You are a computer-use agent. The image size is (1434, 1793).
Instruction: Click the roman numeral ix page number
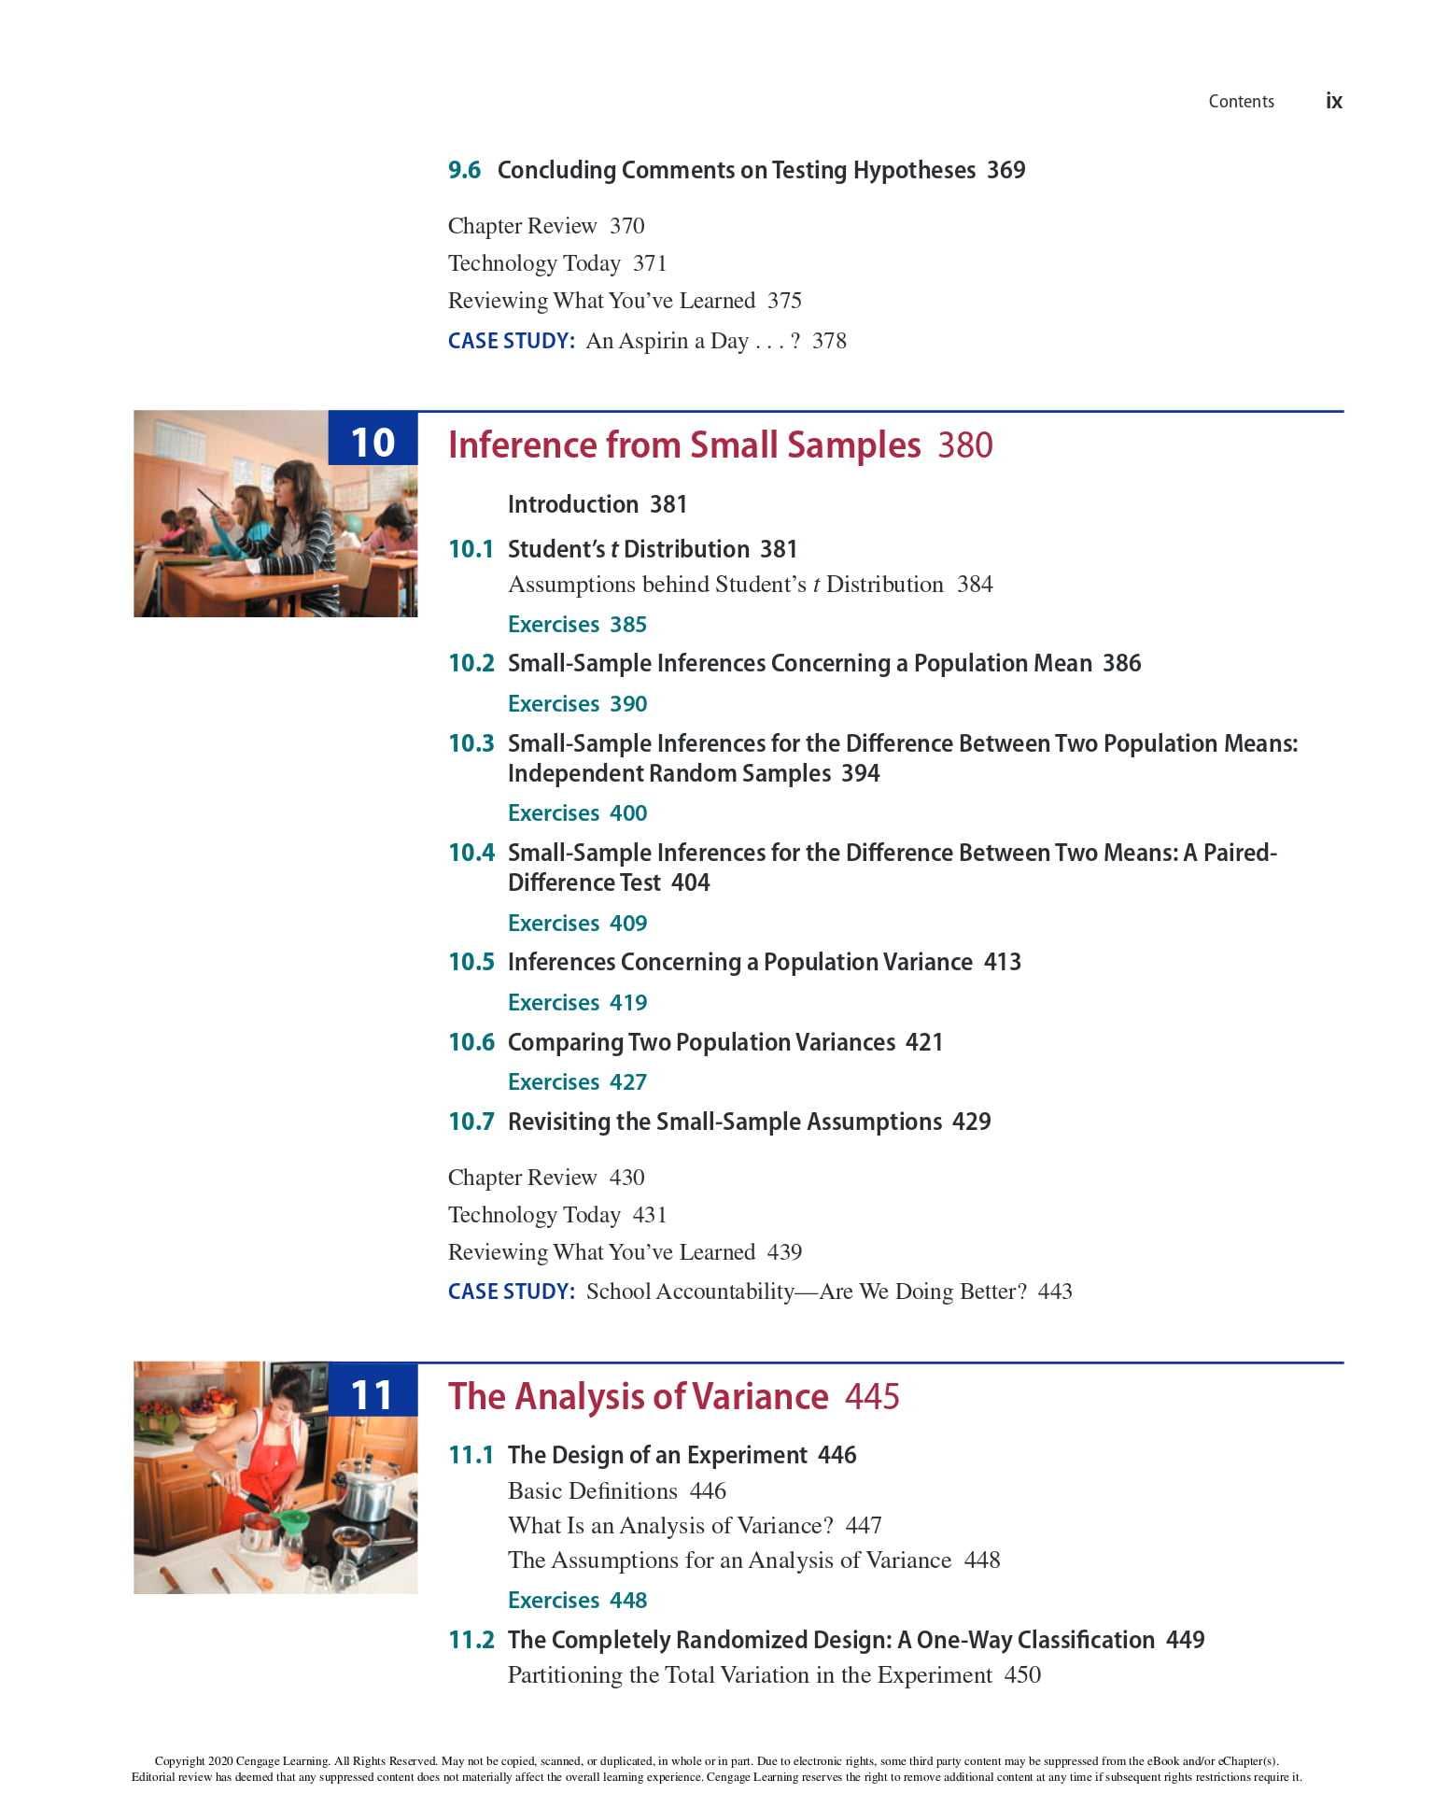pyautogui.click(x=1333, y=101)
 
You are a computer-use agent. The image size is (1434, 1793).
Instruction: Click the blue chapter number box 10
pyautogui.click(x=373, y=441)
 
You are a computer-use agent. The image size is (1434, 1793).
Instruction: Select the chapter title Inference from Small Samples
pyautogui.click(x=684, y=445)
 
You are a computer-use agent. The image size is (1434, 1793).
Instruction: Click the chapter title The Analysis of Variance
pyautogui.click(x=639, y=1396)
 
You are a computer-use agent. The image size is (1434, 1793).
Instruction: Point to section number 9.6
pyautogui.click(x=464, y=170)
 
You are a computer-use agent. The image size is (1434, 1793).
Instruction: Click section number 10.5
pyautogui.click(x=471, y=962)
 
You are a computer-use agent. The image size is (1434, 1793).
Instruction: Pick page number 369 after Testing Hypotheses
pyautogui.click(x=1006, y=170)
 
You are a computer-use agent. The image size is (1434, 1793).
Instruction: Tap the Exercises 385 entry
pyautogui.click(x=577, y=624)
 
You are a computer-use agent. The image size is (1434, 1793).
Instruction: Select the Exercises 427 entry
pyautogui.click(x=577, y=1081)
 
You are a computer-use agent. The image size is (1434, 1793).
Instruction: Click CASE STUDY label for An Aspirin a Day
pyautogui.click(x=511, y=341)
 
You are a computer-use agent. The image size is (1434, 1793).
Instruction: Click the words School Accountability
pyautogui.click(x=690, y=1292)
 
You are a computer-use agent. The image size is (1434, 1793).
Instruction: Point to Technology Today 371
pyautogui.click(x=557, y=263)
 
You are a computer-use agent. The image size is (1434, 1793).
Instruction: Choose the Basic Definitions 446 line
pyautogui.click(x=616, y=1490)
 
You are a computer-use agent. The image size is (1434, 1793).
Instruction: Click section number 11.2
pyautogui.click(x=471, y=1640)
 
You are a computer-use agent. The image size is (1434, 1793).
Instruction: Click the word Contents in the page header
pyautogui.click(x=1241, y=102)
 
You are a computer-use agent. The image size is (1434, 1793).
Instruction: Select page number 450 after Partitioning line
pyautogui.click(x=1022, y=1675)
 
